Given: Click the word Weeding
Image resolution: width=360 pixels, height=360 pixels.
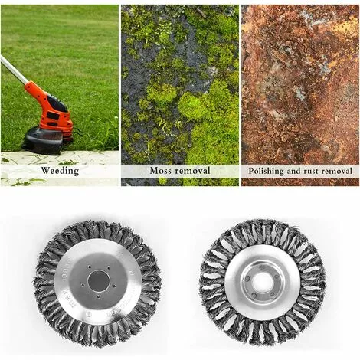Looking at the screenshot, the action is (x=60, y=171).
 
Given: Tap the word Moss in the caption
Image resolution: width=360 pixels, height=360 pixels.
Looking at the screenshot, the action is (x=159, y=170).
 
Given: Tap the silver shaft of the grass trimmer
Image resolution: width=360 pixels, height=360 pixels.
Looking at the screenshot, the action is (x=14, y=70).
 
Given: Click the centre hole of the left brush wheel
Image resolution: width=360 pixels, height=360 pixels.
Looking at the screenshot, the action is (x=98, y=281).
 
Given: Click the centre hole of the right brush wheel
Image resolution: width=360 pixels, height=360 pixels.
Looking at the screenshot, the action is (x=263, y=283).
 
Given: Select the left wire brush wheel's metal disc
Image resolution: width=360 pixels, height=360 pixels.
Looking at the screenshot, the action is (x=98, y=281).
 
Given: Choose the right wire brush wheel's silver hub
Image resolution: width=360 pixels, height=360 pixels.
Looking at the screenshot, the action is (x=263, y=283).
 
